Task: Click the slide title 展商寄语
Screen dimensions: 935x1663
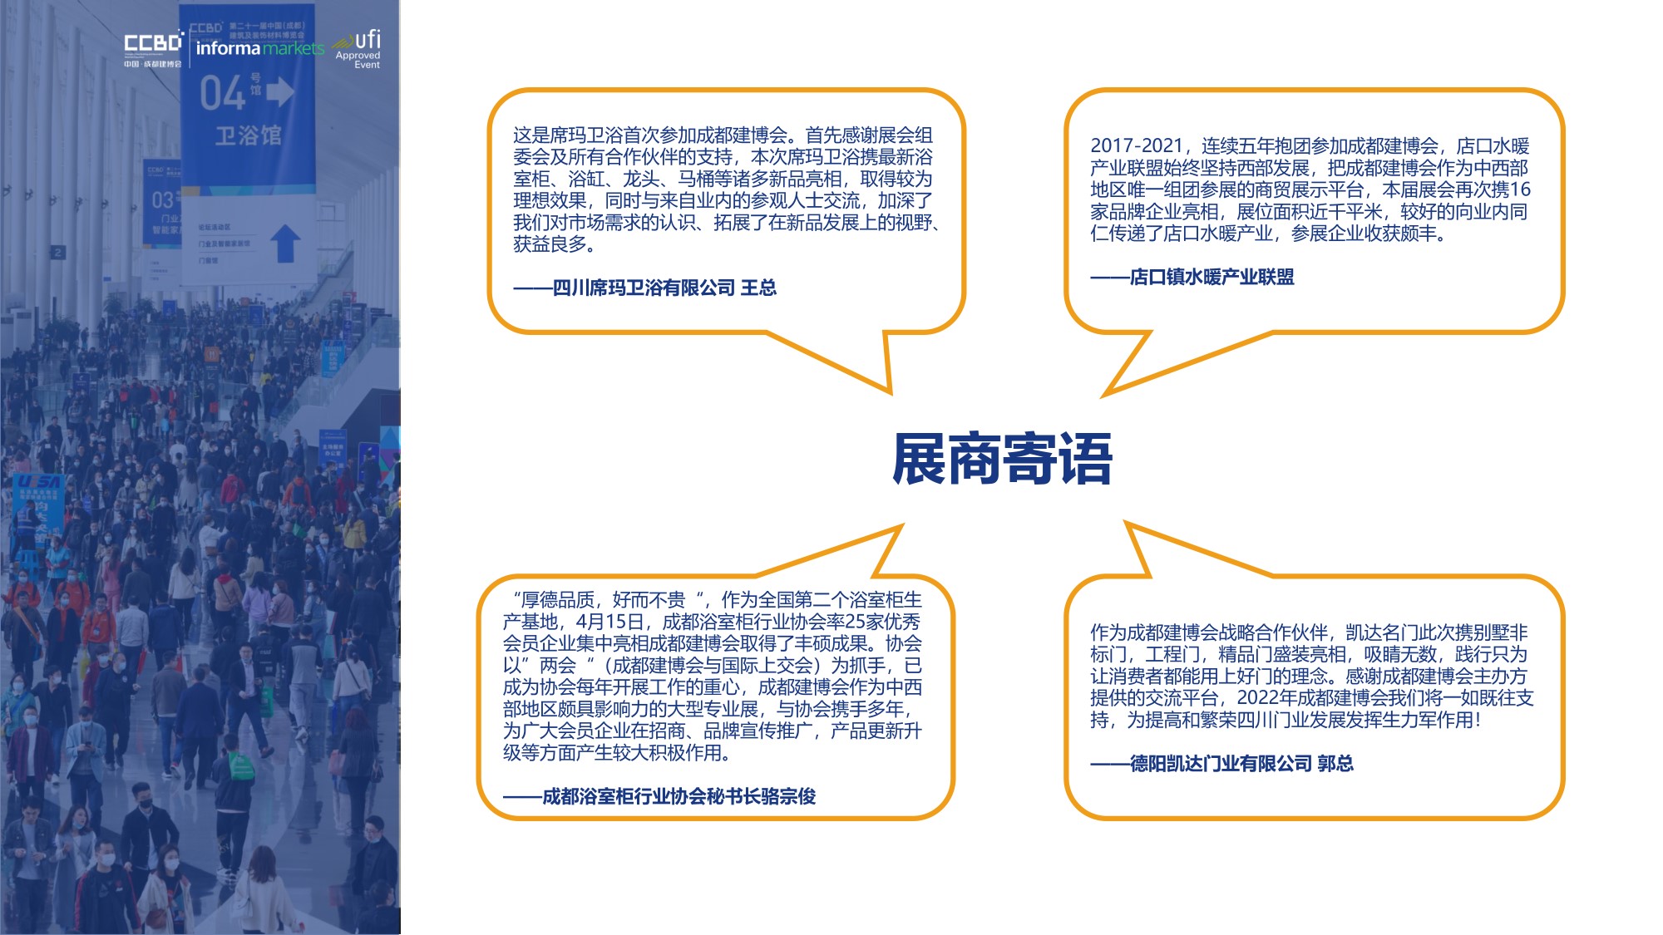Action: [x=1002, y=459]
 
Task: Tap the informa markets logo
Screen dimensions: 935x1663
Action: [x=259, y=48]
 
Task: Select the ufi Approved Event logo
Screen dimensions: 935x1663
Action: [x=359, y=49]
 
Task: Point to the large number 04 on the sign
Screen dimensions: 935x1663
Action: [x=222, y=93]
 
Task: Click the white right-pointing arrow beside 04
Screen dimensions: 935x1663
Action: [x=280, y=91]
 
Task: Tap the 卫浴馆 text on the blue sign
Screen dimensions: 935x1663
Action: [x=248, y=135]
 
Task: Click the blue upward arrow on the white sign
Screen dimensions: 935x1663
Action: [x=284, y=242]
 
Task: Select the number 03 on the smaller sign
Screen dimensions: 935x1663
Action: [x=162, y=200]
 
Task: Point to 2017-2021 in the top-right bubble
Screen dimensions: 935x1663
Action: [x=1136, y=146]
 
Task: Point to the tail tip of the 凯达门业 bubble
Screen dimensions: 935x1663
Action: [x=1127, y=524]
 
